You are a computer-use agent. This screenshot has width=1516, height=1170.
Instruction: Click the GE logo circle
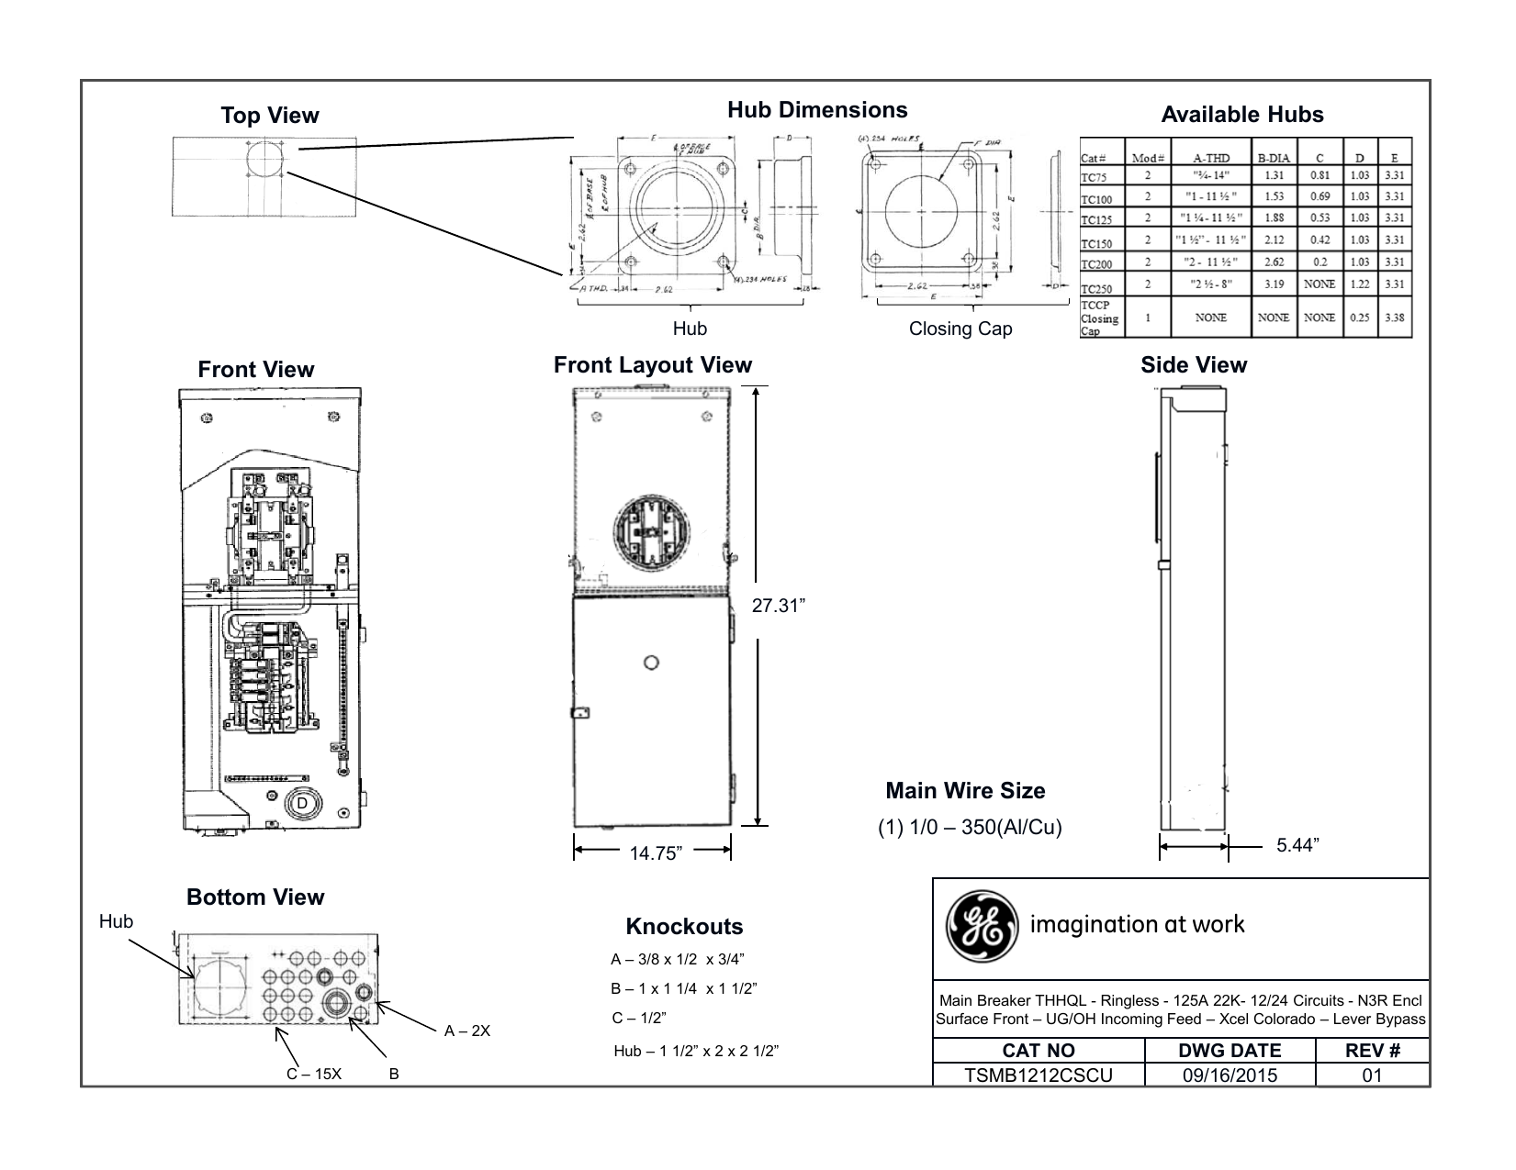click(x=982, y=924)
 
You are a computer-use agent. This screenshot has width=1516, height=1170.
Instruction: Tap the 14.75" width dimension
click(x=656, y=853)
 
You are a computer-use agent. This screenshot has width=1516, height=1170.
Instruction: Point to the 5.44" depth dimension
click(x=1297, y=845)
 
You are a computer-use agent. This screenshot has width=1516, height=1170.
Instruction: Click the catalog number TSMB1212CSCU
click(x=1038, y=1075)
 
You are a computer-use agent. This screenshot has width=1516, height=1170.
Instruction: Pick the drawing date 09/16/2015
click(x=1230, y=1075)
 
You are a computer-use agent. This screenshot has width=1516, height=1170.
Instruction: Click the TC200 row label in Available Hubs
click(x=1096, y=264)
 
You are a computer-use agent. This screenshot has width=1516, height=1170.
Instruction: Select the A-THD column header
click(x=1211, y=158)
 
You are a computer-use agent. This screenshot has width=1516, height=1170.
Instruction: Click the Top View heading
click(x=269, y=116)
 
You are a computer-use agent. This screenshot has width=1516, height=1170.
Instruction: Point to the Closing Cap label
click(x=960, y=329)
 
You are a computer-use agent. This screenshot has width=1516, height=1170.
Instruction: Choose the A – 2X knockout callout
click(x=467, y=1031)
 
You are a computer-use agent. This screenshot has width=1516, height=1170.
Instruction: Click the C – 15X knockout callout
click(x=313, y=1074)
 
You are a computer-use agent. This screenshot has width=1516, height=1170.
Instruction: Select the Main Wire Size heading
click(x=965, y=790)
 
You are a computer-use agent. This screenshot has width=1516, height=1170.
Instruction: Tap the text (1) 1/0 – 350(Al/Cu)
click(x=970, y=827)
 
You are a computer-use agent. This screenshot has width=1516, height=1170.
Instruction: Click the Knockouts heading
click(x=684, y=927)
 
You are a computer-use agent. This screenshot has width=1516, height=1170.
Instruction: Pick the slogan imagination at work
click(x=1137, y=924)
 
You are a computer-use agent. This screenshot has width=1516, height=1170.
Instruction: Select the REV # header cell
click(x=1372, y=1051)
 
